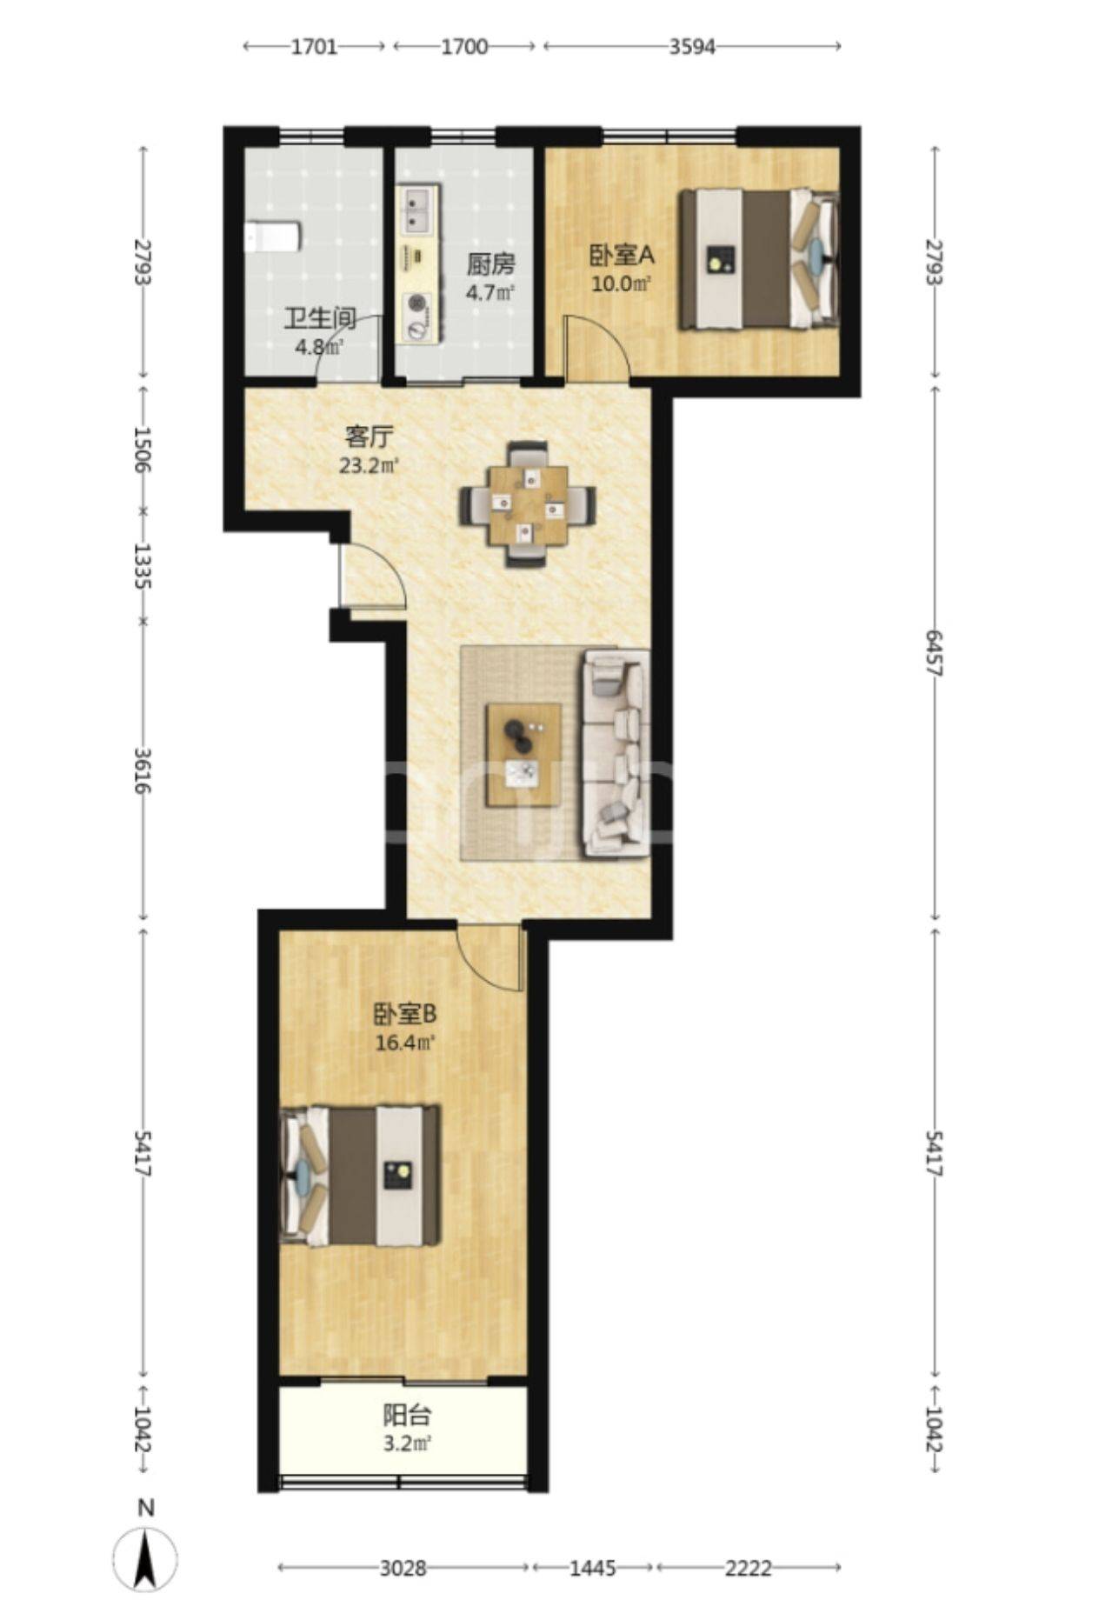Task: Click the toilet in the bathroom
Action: click(273, 237)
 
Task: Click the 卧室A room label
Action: click(621, 256)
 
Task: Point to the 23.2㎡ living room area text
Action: click(369, 465)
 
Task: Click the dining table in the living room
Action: click(528, 505)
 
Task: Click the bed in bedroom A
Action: click(759, 259)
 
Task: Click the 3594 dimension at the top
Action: click(691, 47)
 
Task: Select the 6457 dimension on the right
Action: click(933, 653)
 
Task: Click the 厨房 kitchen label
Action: click(490, 263)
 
